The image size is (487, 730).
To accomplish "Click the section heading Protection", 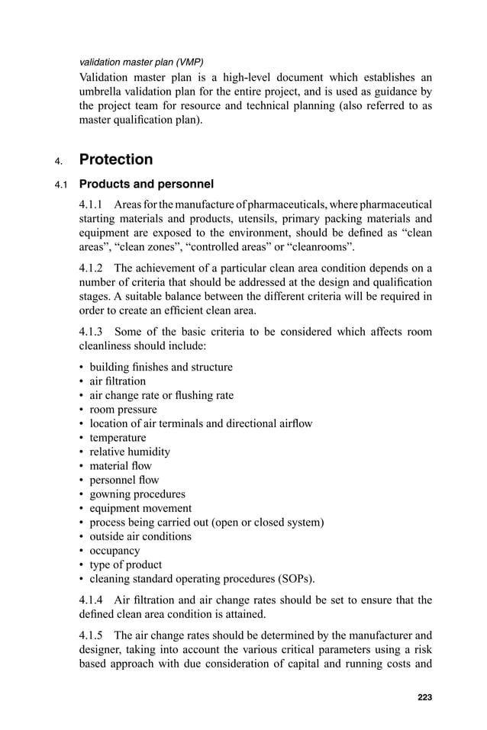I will (x=116, y=159).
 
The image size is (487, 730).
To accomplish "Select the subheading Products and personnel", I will (x=147, y=184).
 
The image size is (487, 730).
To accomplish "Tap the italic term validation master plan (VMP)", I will (x=141, y=61).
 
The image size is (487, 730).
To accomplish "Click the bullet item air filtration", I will (x=118, y=381).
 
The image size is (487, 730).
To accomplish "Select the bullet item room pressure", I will (x=123, y=410).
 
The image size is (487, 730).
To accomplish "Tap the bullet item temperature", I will (x=118, y=438).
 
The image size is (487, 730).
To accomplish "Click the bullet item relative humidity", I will (x=130, y=452).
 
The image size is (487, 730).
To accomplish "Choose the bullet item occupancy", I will (x=114, y=551).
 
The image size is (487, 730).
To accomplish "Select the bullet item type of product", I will (x=126, y=564).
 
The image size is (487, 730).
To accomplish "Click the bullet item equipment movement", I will (x=140, y=508).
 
